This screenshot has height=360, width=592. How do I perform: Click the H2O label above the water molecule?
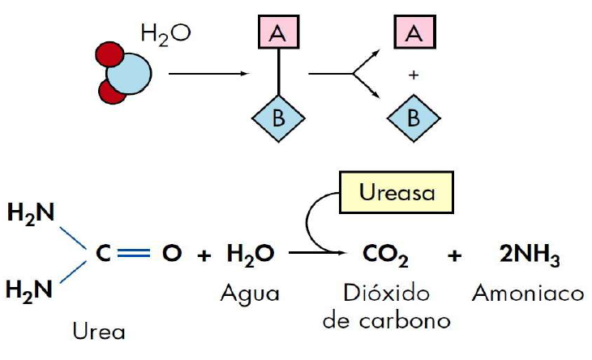pyautogui.click(x=165, y=34)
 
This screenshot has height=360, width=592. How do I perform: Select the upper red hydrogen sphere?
pyautogui.click(x=108, y=56)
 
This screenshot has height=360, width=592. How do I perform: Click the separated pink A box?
pyautogui.click(x=414, y=35)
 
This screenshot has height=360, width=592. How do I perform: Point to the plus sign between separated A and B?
pyautogui.click(x=414, y=75)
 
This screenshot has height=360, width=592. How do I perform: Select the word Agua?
pyautogui.click(x=250, y=292)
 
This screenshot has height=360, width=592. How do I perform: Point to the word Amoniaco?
pyautogui.click(x=532, y=292)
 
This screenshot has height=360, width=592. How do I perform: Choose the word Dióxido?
pyautogui.click(x=386, y=292)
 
